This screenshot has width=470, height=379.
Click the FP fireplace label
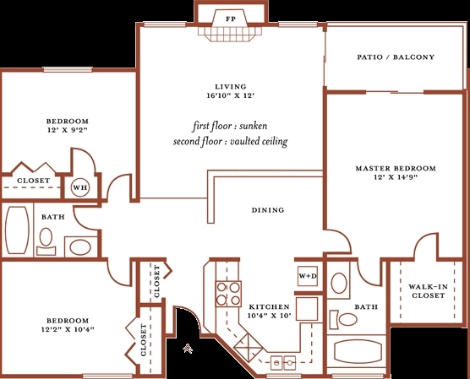coord(231,19)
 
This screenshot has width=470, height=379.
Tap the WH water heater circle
coord(80,187)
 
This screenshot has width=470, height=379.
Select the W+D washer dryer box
coord(308,276)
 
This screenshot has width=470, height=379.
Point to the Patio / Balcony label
coord(396,57)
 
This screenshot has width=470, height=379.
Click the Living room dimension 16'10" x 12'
coord(231,95)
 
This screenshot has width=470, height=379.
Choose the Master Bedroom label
coord(396,168)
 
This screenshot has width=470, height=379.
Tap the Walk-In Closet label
coord(428,291)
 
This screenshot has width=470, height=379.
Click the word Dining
coord(268,210)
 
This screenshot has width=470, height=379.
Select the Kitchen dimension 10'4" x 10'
coord(270,315)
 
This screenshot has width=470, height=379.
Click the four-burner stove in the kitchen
coord(228,294)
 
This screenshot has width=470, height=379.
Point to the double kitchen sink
coord(283,363)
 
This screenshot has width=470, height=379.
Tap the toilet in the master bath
coord(343,319)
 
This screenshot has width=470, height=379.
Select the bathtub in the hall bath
coord(18,230)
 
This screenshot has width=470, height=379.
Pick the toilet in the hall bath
coord(46,242)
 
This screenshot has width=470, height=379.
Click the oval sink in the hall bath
coord(80,247)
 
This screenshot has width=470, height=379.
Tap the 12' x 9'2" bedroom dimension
coord(68,130)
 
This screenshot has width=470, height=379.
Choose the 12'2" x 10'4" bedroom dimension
coord(68,329)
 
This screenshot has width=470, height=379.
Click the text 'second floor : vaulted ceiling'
coord(230,141)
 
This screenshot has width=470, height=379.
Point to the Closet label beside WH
coord(33,181)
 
